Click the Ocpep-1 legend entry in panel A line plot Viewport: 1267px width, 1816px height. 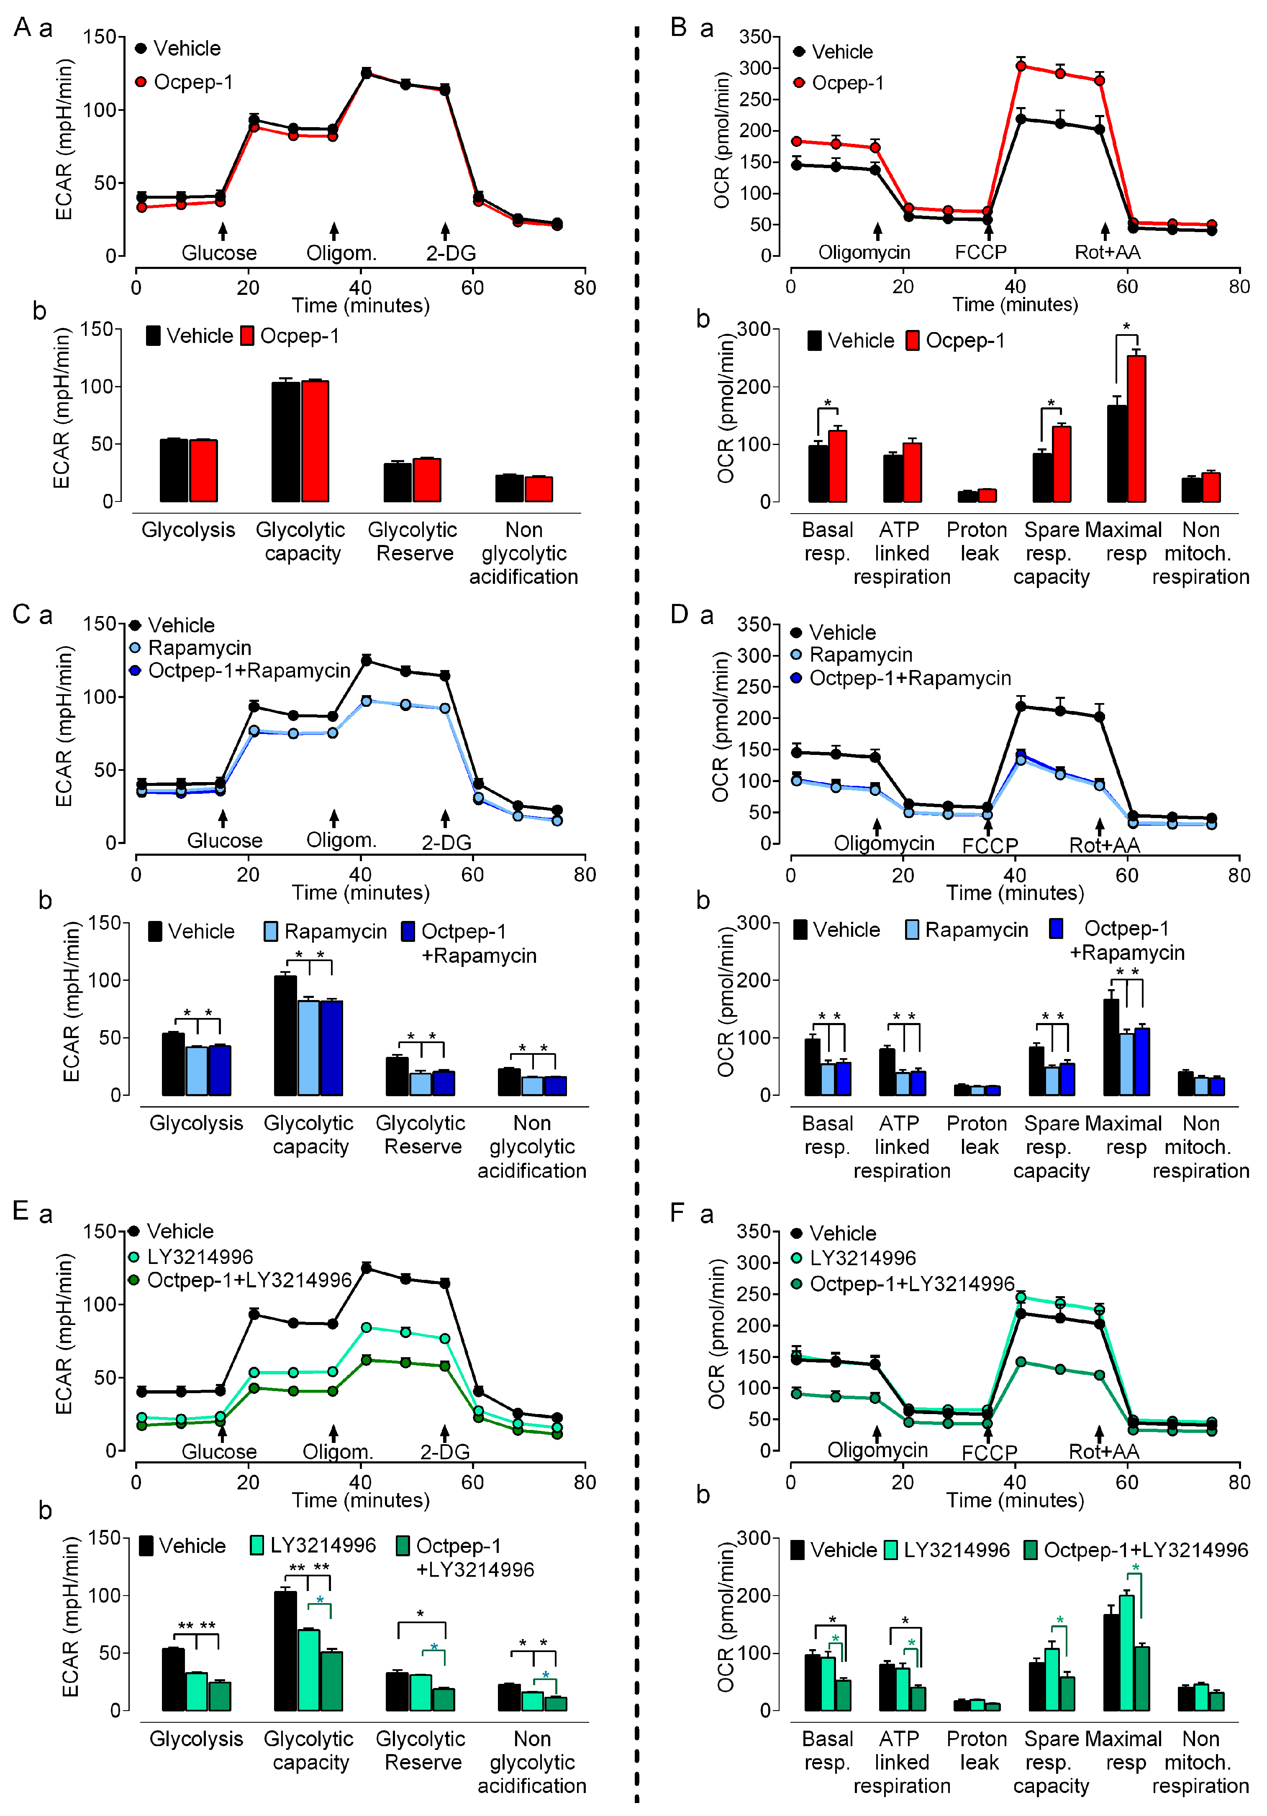192,82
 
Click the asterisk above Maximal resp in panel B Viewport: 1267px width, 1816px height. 1126,327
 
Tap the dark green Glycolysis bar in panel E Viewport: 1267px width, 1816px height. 219,1696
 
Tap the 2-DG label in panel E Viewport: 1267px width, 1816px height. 445,1452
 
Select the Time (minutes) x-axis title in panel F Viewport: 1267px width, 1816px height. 1015,1500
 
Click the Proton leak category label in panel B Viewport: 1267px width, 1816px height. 977,541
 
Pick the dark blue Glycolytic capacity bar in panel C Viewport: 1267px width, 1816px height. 331,1048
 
